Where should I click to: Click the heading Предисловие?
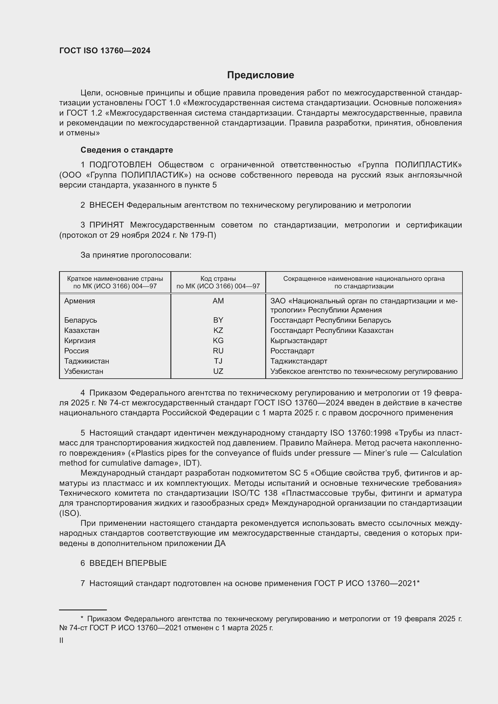click(260, 75)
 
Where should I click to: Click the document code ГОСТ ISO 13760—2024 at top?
click(105, 51)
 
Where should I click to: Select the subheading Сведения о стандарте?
click(127, 150)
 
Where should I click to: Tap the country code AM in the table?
click(218, 301)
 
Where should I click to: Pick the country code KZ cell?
click(218, 330)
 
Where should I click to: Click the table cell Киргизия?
click(80, 341)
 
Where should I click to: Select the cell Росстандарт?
click(292, 351)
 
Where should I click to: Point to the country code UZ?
click(218, 371)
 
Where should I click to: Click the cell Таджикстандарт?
click(299, 361)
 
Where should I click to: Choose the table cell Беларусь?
click(81, 320)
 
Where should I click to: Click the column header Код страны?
click(218, 279)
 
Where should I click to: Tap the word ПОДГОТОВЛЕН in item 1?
click(120, 165)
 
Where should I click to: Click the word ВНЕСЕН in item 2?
click(106, 205)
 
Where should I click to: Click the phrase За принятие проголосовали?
click(136, 255)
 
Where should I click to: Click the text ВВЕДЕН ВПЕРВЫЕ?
click(128, 563)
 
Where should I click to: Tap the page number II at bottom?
click(61, 640)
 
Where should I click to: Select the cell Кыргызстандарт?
click(299, 341)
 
